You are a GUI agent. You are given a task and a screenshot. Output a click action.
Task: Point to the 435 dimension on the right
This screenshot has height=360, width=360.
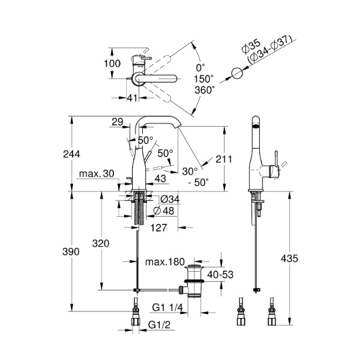[x=289, y=259]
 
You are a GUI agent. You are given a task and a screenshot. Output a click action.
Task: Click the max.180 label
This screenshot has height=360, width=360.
[x=164, y=262]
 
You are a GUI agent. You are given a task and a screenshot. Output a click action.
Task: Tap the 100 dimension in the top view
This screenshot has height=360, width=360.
[x=112, y=63]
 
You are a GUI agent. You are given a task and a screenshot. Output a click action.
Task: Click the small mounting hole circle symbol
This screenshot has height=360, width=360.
[x=237, y=73]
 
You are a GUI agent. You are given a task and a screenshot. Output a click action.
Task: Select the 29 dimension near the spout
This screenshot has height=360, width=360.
[x=118, y=122]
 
